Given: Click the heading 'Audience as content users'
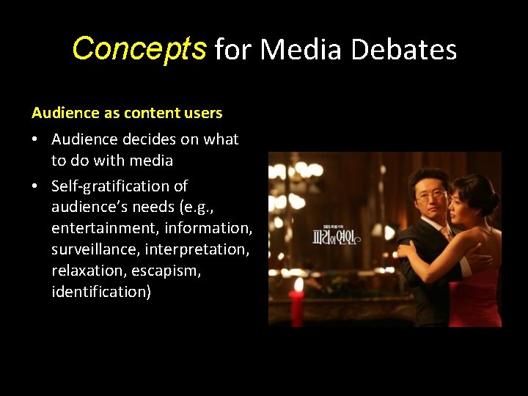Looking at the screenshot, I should pos(127,113).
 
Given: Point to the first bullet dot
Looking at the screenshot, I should pos(37,139).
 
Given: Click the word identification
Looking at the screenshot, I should pos(100,292).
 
